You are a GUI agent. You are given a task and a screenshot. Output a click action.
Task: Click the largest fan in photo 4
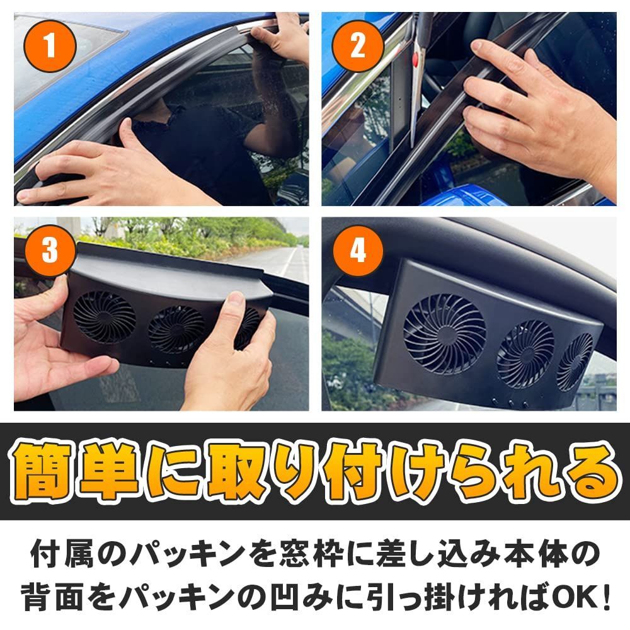click(x=445, y=332)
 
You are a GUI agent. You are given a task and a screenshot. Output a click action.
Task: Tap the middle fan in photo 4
click(x=525, y=353)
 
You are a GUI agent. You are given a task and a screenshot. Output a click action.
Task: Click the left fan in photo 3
click(x=105, y=316)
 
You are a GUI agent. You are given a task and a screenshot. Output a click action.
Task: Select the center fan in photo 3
click(x=177, y=329)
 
